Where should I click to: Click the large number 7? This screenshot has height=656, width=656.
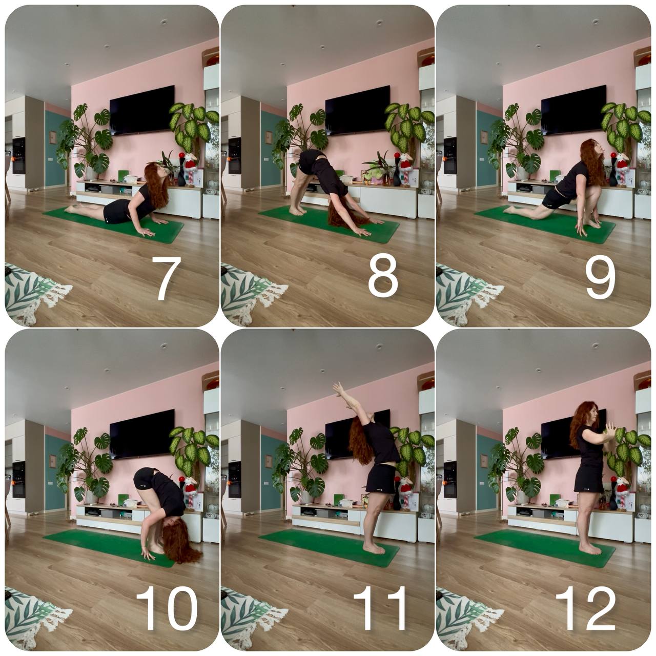tap(166, 278)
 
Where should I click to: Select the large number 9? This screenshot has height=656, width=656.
tap(601, 278)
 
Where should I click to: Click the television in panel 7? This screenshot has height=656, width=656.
tap(142, 110)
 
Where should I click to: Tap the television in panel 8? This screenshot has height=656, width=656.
tap(358, 110)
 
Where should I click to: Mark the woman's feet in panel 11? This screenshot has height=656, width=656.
tap(374, 549)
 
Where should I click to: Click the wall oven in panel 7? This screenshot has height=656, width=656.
tap(19, 156)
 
